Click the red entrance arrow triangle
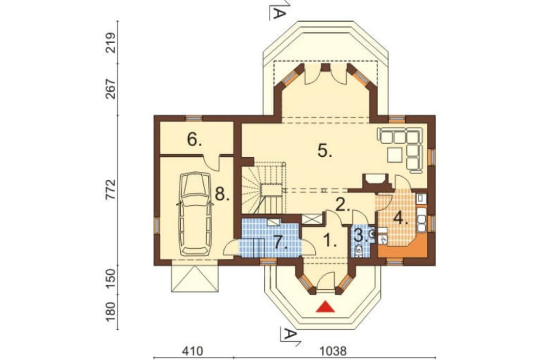(326, 306)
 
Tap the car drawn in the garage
(195, 214)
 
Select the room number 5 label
(325, 150)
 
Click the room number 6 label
(194, 139)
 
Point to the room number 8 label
(222, 195)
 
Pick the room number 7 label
(281, 242)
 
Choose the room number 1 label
(330, 239)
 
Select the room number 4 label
(400, 218)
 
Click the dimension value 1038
(333, 351)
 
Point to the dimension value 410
(192, 351)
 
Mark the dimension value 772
(110, 190)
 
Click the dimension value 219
(110, 43)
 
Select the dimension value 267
(110, 89)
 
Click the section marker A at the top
(278, 10)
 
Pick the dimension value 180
(110, 311)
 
